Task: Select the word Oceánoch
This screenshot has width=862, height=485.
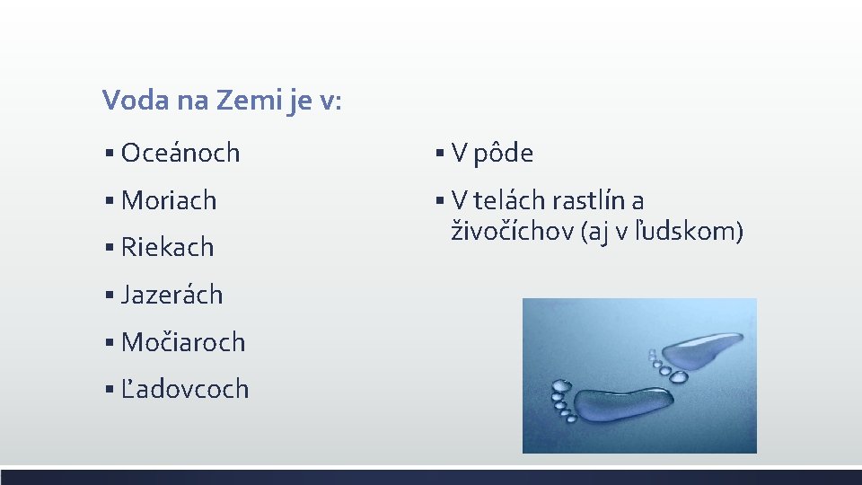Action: [x=180, y=153]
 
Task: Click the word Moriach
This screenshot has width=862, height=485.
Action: [x=169, y=200]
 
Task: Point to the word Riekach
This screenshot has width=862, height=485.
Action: [x=168, y=247]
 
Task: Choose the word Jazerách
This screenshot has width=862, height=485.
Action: [x=172, y=295]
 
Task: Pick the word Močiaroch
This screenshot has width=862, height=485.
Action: [x=183, y=342]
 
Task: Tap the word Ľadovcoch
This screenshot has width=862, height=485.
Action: [x=185, y=389]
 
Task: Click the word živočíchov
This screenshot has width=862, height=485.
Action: [x=512, y=232]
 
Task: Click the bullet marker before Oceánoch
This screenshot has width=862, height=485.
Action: [x=108, y=154]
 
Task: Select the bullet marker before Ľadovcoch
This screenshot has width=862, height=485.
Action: [x=108, y=390]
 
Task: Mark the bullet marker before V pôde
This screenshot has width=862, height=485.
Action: [x=439, y=154]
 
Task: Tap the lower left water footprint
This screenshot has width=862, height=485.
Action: [x=619, y=405]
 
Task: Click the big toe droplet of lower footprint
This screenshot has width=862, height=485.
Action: [x=561, y=387]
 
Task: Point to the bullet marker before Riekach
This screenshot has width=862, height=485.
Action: [x=108, y=248]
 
